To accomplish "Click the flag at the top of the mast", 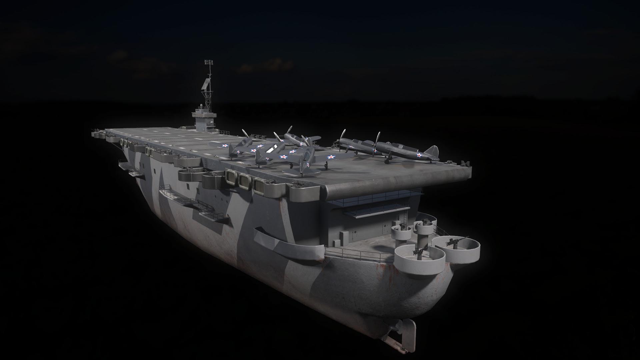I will click(209, 62).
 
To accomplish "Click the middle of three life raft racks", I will click(245, 181).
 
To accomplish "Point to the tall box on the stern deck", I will click(343, 235).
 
